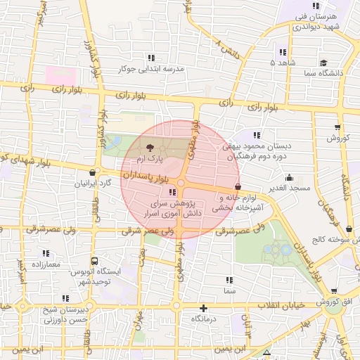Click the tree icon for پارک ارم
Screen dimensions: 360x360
pos(150,148)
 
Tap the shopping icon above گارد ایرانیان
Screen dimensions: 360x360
pos(93,172)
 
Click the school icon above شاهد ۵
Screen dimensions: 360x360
pos(283,52)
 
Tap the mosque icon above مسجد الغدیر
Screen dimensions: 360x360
pos(289,178)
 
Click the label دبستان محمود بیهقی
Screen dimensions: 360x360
pos(256,147)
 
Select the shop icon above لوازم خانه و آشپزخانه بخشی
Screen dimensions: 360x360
pos(238,187)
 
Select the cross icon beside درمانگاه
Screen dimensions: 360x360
pos(203,308)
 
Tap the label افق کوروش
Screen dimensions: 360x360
pos(337,302)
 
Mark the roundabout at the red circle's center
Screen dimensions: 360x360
pos(180,184)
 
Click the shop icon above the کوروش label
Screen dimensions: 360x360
pos(338,127)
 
